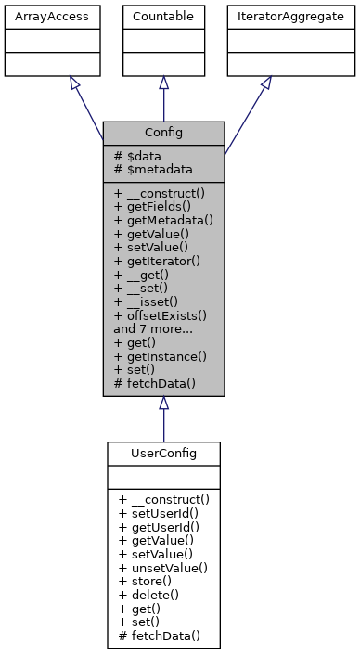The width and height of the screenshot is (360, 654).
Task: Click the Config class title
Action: pos(163,133)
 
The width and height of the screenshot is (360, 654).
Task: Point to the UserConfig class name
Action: pos(163,453)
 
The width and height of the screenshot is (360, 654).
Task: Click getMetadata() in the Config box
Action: pos(163,221)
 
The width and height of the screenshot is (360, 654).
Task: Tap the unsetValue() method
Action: pos(163,567)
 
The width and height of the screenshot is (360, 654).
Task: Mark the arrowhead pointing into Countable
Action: pos(163,83)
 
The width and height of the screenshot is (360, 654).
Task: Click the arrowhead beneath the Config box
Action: pos(163,404)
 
